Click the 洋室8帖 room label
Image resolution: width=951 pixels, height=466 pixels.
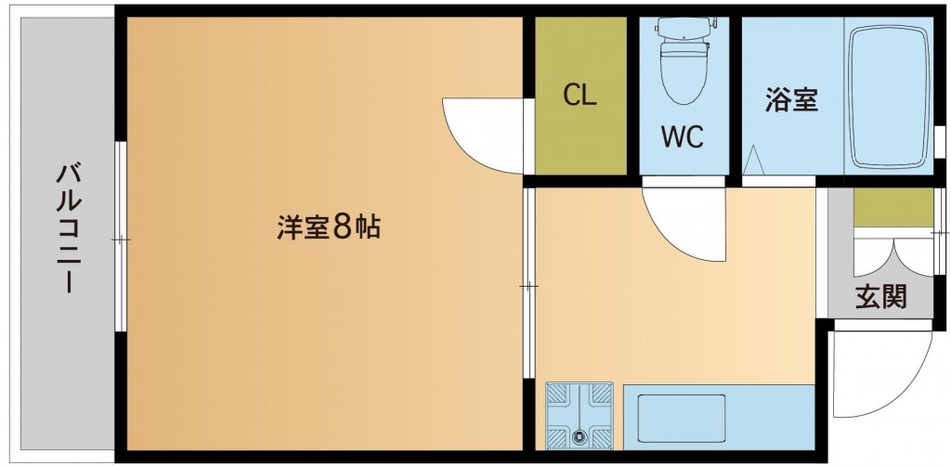(329, 228)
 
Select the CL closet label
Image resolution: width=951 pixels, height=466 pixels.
(580, 95)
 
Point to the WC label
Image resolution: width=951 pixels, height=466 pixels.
(683, 137)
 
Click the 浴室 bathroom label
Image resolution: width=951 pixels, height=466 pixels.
(791, 100)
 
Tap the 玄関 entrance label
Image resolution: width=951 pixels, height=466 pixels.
(881, 297)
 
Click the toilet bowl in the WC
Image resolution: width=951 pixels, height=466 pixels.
(684, 70)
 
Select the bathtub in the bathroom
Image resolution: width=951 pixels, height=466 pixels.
(889, 97)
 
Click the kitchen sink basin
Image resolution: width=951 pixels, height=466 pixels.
(681, 418)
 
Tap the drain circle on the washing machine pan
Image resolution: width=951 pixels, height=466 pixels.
(580, 434)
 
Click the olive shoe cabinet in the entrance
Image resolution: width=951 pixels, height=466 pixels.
(892, 208)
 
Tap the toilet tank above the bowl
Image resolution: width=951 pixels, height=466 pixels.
(684, 27)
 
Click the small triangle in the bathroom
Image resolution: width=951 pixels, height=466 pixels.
(754, 160)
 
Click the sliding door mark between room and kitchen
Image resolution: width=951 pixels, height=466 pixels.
(528, 285)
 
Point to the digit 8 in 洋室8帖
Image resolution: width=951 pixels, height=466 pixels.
(343, 228)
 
